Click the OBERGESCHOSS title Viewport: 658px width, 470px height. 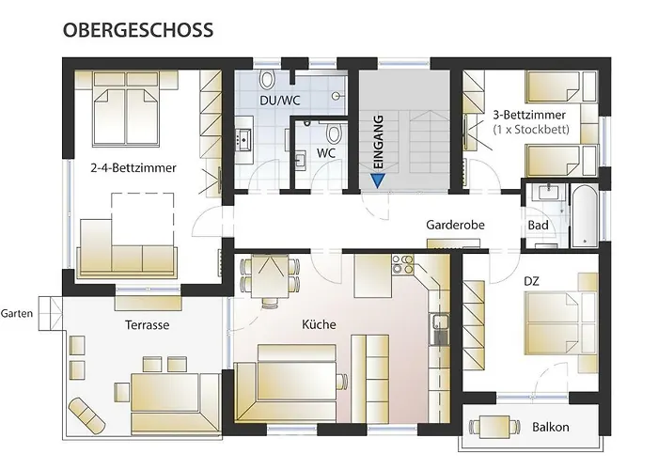click(x=138, y=30)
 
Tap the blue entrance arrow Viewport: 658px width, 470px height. click(x=378, y=180)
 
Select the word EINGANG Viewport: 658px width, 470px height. click(x=378, y=142)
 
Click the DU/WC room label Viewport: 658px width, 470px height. click(x=280, y=101)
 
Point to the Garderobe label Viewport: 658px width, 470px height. click(x=455, y=225)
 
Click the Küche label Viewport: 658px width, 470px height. click(x=319, y=324)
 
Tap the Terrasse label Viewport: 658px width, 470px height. click(x=147, y=325)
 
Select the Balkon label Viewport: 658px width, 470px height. click(x=551, y=427)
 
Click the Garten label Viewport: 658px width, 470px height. click(x=16, y=313)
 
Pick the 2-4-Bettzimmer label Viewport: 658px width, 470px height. click(x=133, y=168)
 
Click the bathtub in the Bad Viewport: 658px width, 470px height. click(x=584, y=215)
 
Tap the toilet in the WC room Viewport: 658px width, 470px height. click(x=334, y=134)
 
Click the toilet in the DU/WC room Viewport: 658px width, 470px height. click(x=267, y=79)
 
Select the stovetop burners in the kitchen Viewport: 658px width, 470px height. click(x=402, y=264)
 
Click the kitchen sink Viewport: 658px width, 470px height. click(x=439, y=329)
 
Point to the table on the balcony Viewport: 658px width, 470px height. click(x=494, y=427)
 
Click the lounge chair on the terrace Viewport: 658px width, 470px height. click(x=86, y=412)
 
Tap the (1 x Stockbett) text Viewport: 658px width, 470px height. click(x=531, y=129)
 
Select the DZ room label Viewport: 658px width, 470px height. click(x=531, y=281)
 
